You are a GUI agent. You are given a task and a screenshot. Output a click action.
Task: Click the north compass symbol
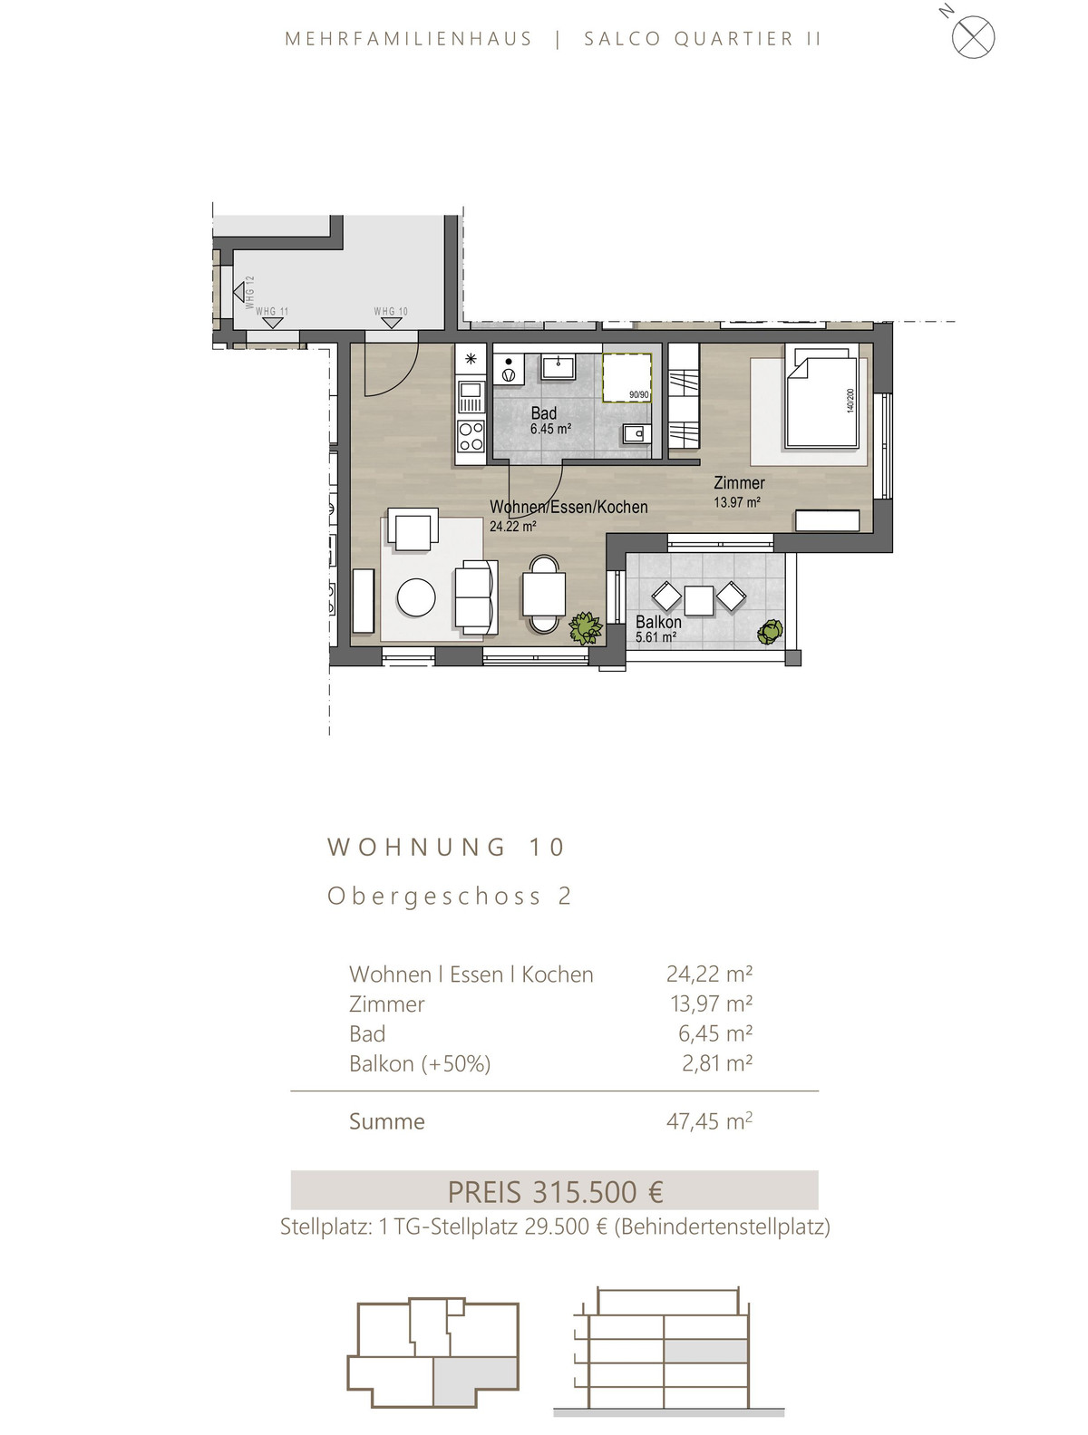click(972, 36)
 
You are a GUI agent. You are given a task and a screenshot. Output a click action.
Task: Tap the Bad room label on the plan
click(543, 413)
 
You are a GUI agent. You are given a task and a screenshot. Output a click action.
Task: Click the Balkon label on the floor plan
click(657, 622)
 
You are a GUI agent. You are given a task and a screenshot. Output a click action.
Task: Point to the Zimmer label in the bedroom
click(739, 483)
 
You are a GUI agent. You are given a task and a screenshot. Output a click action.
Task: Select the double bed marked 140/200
click(822, 398)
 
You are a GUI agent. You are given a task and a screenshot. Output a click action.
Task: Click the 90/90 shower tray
click(627, 377)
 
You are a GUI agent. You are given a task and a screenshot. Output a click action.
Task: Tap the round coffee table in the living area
click(416, 597)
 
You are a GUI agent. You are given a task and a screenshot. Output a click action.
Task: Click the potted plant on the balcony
click(770, 632)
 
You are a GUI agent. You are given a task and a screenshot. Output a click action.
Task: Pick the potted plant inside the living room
click(585, 628)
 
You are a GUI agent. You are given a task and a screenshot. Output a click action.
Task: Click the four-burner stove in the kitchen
click(471, 436)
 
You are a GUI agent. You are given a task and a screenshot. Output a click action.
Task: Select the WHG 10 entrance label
click(391, 311)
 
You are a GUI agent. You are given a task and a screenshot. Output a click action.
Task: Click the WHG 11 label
click(272, 311)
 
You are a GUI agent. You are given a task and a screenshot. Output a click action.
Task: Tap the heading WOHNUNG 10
click(446, 847)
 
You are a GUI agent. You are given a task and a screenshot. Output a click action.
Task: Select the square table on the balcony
click(698, 600)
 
